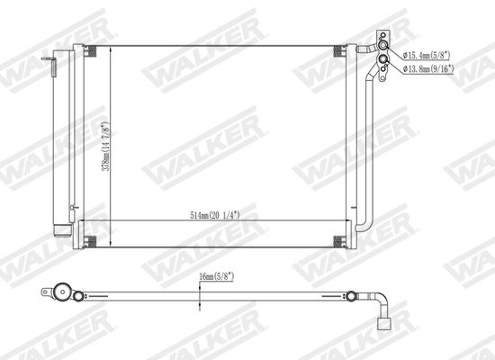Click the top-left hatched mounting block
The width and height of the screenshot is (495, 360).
point(89,53)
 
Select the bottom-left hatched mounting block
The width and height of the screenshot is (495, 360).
point(89,240)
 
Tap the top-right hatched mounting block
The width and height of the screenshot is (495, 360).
point(340,53)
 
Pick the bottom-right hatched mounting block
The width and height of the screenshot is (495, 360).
point(340,240)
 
